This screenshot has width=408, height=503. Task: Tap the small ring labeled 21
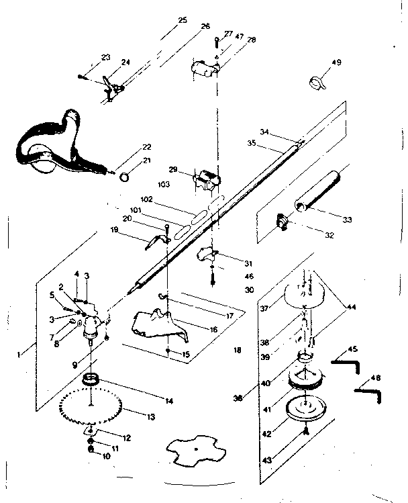[x=124, y=177]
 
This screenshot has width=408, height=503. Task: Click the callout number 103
[x=162, y=183]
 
